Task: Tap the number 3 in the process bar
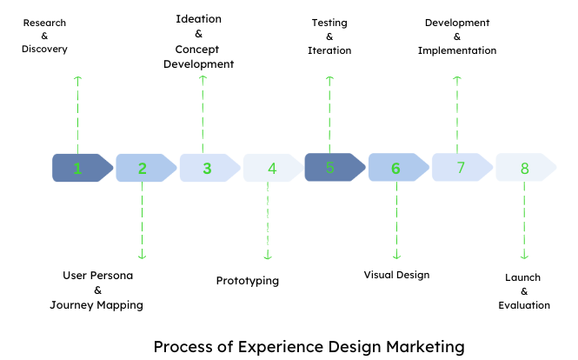click(x=207, y=168)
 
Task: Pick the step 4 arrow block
click(x=272, y=168)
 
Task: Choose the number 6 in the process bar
click(x=395, y=168)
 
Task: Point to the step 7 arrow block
click(x=461, y=167)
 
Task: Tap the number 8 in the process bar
click(x=524, y=168)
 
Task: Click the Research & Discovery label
click(x=44, y=36)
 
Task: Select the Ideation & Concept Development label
click(x=199, y=41)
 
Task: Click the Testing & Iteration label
click(x=329, y=37)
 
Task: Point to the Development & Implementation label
click(x=457, y=37)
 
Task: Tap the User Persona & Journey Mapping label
click(x=97, y=290)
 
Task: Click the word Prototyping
click(x=248, y=281)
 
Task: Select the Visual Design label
click(x=396, y=275)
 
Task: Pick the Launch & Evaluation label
click(x=523, y=291)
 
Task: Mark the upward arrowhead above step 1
click(x=78, y=79)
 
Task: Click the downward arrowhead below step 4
click(x=268, y=256)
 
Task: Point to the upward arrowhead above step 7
click(x=457, y=79)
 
